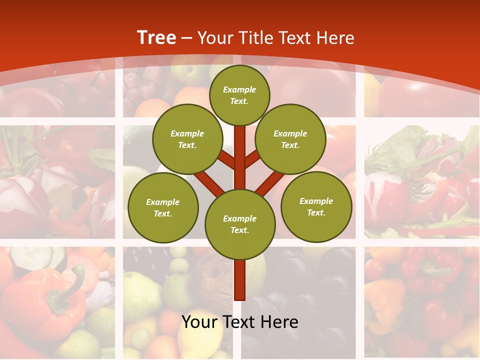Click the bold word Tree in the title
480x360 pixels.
(x=156, y=37)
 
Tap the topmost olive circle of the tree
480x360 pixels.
(x=239, y=95)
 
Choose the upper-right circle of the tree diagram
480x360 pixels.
(x=290, y=139)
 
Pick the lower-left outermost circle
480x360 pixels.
(x=163, y=207)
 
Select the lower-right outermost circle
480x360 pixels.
(x=316, y=206)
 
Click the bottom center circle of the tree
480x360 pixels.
(x=240, y=224)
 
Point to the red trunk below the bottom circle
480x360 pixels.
(x=240, y=280)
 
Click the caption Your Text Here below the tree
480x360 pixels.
(x=240, y=322)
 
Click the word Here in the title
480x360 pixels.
(x=335, y=37)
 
